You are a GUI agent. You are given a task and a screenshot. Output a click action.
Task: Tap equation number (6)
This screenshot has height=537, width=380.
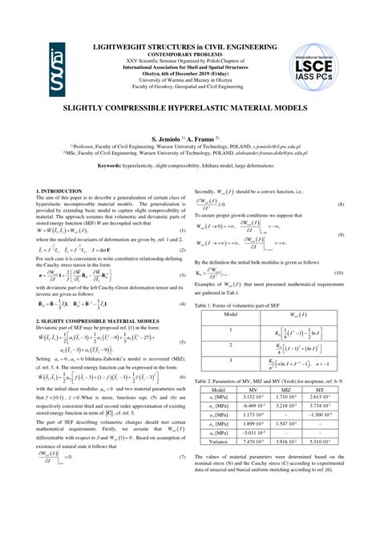click(182, 376)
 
